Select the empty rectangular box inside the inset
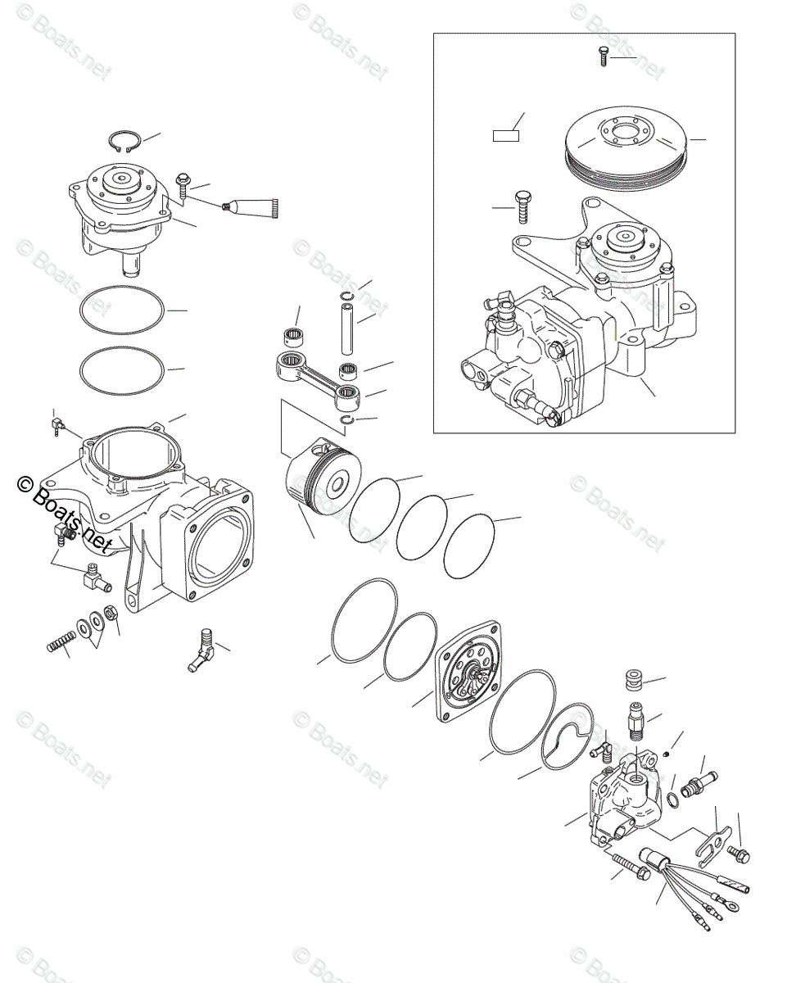[x=506, y=135]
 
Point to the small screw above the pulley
[x=602, y=57]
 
